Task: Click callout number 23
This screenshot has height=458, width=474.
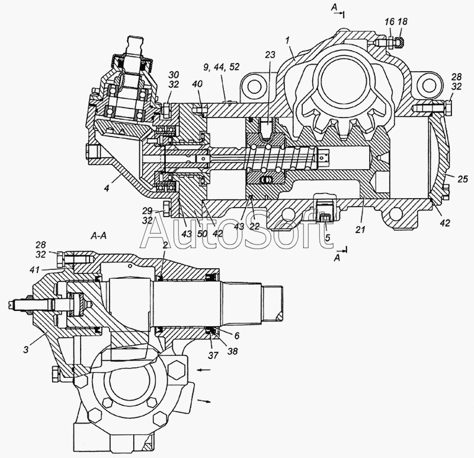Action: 271,55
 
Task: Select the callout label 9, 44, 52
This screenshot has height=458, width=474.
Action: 221,67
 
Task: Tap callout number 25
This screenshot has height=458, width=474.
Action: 463,179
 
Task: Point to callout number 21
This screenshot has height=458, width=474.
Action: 360,230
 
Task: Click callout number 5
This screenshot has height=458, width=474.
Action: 328,238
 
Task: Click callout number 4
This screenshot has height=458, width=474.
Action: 107,188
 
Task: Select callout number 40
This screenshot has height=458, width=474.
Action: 197,84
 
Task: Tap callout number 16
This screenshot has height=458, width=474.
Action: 389,21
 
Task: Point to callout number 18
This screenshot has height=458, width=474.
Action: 403,21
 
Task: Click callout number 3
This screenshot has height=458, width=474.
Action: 26,349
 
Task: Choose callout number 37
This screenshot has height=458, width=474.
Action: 213,355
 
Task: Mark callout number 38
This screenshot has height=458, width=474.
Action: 232,351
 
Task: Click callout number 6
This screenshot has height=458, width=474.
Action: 236,336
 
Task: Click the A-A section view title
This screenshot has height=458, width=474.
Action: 98,236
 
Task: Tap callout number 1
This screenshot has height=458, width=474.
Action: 288,39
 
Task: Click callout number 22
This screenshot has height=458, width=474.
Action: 255,226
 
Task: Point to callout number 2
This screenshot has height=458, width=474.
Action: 165,246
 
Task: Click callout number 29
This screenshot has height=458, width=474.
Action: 147,211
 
